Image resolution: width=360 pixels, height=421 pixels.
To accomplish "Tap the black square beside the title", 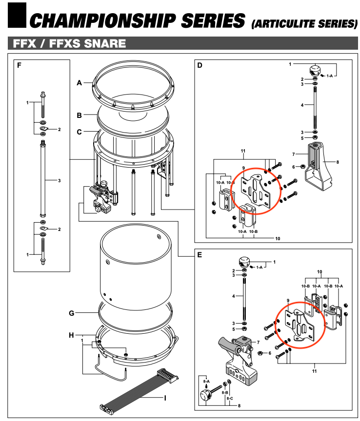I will [x=17, y=15].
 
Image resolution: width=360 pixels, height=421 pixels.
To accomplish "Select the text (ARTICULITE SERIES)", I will [x=303, y=23].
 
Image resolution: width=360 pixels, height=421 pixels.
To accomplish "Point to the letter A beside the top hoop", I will [x=79, y=83].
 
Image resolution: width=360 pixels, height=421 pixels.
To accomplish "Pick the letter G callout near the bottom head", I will [x=71, y=313].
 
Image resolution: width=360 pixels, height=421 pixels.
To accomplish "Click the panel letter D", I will [x=200, y=65].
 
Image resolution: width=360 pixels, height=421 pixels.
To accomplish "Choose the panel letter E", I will [x=200, y=254].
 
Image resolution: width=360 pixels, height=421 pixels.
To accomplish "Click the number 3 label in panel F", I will [x=59, y=181].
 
